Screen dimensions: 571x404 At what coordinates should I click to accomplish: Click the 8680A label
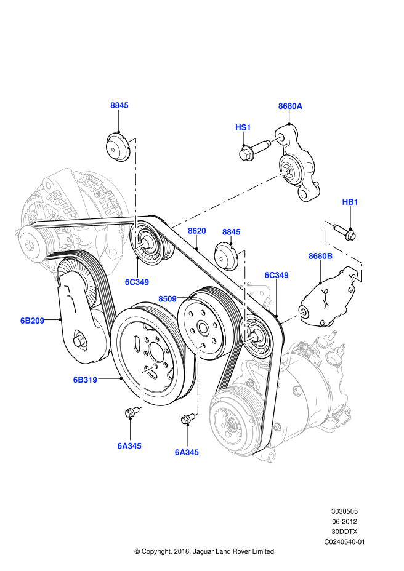coord(290,106)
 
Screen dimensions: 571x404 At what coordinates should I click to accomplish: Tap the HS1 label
coord(243,127)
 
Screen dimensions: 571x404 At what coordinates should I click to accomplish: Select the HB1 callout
coord(350,202)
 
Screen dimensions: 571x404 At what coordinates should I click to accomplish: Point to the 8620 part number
coord(197,231)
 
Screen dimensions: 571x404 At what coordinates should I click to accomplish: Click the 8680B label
coord(321,256)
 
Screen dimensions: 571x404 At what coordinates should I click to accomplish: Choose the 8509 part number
coord(168,299)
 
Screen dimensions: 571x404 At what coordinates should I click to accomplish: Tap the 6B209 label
coord(32,321)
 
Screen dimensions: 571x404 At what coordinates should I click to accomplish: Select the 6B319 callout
coord(85,380)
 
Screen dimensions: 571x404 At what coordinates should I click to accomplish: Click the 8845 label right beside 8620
coord(232,232)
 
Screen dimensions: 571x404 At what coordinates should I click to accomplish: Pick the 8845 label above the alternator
coord(119,105)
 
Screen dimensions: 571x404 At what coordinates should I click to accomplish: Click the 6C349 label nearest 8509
coord(137,282)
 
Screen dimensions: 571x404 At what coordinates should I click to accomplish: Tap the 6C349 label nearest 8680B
coord(277,275)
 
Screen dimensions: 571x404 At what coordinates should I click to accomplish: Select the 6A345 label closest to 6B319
coord(129,446)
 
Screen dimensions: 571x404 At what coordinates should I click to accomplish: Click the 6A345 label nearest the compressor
coord(187,452)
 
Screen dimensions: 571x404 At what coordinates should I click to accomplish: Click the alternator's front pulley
coord(31,246)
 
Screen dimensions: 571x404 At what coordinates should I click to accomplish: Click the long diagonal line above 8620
coord(229,199)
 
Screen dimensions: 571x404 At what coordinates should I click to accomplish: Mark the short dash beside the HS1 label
coord(276,140)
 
